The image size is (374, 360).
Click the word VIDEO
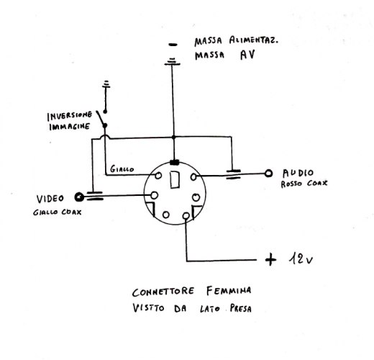pos(50,198)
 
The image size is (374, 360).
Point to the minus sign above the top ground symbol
pos(173,45)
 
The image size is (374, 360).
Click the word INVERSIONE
pos(69,115)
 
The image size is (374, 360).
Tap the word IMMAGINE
pos(69,126)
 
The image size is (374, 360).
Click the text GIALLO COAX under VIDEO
pos(55,212)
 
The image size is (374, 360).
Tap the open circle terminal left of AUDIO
pos(268,173)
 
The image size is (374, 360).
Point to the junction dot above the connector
pos(173,137)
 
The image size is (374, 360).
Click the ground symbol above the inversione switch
pos(106,84)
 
